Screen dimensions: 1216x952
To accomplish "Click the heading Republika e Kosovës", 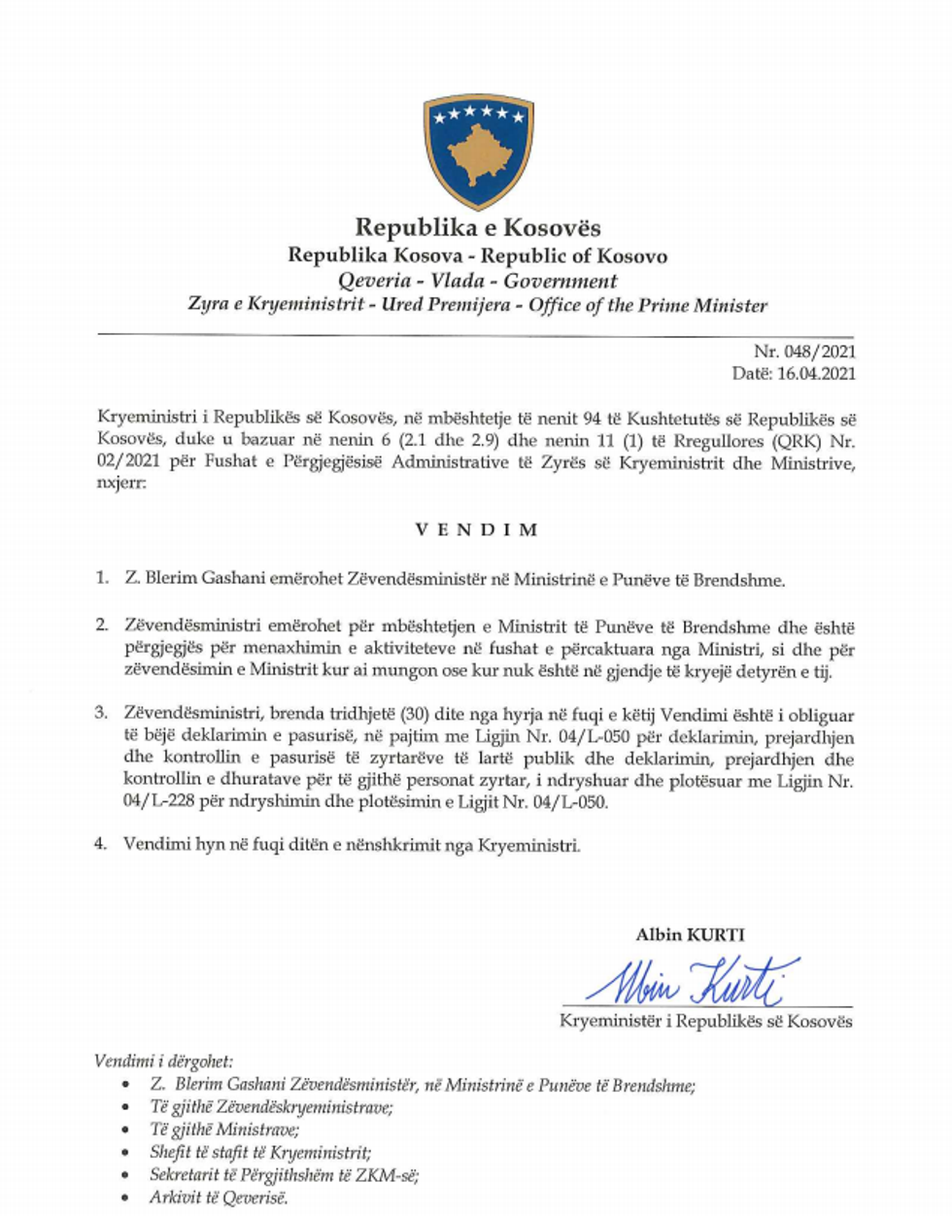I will click(x=477, y=228).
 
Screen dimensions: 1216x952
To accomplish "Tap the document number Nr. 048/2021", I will click(x=804, y=352).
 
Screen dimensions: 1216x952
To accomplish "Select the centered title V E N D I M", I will click(x=476, y=529).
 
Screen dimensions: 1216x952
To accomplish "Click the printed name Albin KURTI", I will click(x=690, y=935).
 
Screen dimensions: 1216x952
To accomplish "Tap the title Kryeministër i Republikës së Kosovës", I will click(x=705, y=1021).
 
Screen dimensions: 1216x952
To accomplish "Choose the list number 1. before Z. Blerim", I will click(x=102, y=579).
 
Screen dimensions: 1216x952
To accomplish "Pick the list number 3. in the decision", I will click(x=101, y=714).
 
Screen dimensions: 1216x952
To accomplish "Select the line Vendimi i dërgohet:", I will click(x=164, y=1062).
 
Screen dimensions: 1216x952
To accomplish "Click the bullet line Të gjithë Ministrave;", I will click(x=224, y=1130).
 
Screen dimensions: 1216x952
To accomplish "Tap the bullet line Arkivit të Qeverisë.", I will click(x=219, y=1198).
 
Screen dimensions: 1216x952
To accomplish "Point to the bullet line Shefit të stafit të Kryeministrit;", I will click(x=260, y=1153).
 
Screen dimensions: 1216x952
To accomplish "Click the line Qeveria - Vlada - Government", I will click(x=477, y=282).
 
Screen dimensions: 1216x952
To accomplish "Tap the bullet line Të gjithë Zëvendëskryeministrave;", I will click(x=271, y=1107).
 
